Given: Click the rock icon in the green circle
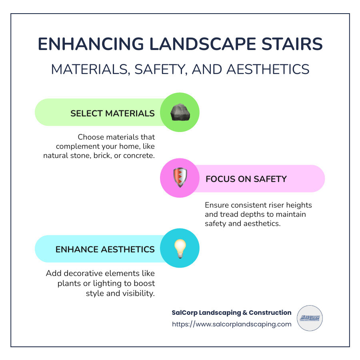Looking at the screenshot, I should click(180, 113).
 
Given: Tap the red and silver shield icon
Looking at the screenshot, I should click(180, 178).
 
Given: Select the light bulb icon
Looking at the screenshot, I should click(180, 248).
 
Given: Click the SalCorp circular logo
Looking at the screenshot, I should click(310, 318).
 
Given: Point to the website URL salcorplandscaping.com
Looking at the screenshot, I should click(232, 324).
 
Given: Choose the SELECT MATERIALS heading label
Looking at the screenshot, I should click(112, 114).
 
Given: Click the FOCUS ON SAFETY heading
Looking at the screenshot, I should click(246, 179).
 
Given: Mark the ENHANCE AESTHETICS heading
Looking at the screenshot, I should click(105, 250).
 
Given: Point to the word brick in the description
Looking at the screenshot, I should click(102, 155).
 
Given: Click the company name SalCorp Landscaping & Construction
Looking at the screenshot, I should click(232, 312).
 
